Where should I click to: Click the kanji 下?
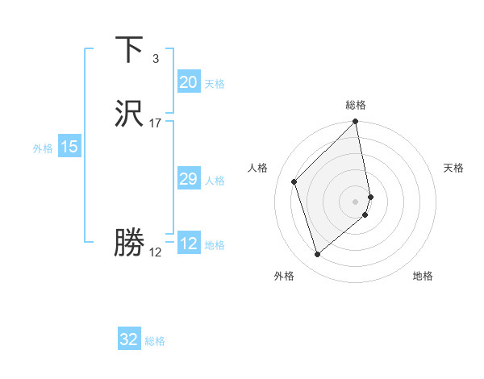tap(129, 50)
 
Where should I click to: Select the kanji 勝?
tap(129, 241)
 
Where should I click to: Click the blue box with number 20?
tap(188, 82)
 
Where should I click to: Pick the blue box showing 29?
tap(188, 179)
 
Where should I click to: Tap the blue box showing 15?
tap(69, 147)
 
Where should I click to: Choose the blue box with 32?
tap(129, 339)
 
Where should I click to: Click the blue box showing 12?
tap(188, 244)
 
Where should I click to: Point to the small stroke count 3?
tap(156, 58)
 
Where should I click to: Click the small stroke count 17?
tap(156, 123)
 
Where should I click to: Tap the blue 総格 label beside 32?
tap(155, 341)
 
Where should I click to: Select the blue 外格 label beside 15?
tap(43, 148)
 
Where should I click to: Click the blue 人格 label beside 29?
tap(215, 181)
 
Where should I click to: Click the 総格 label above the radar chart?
tap(356, 105)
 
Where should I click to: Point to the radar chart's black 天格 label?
tap(454, 168)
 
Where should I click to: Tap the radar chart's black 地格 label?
tap(423, 277)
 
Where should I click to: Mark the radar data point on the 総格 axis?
tap(356, 123)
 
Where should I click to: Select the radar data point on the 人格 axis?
tap(294, 181)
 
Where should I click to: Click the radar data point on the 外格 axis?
tap(317, 255)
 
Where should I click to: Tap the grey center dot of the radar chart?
tap(356, 201)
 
